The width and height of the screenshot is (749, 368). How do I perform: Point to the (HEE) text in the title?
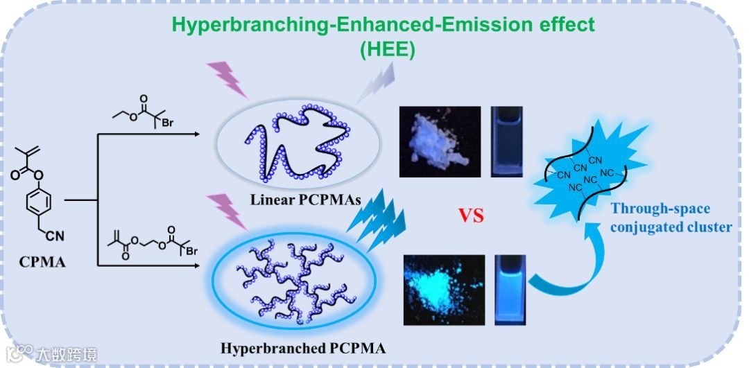[x=387, y=50]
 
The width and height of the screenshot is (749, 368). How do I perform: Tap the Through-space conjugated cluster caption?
[x=670, y=218]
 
